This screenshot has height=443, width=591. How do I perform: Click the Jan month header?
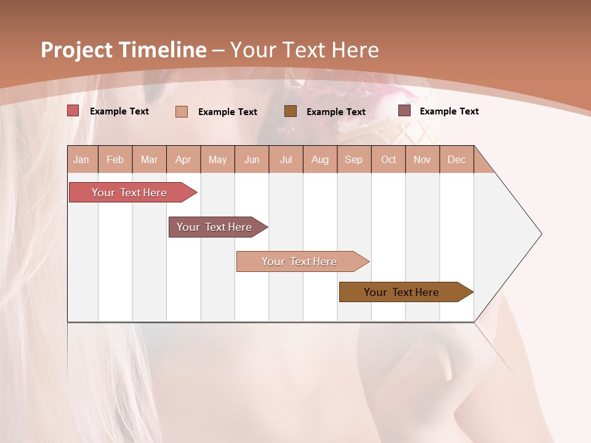click(x=82, y=159)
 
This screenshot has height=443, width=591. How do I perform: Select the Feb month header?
click(x=115, y=159)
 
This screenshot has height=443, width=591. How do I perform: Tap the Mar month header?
click(x=149, y=159)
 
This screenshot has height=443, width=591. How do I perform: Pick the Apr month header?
click(x=183, y=159)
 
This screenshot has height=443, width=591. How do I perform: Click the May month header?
click(x=217, y=159)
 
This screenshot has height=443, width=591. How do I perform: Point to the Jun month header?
click(x=252, y=159)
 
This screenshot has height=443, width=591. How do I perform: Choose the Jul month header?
click(x=286, y=159)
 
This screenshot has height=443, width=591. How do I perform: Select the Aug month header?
click(x=320, y=159)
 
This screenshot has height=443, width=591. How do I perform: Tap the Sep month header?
click(x=354, y=159)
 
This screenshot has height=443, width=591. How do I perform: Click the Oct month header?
click(x=388, y=159)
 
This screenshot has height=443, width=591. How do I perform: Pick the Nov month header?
click(x=422, y=159)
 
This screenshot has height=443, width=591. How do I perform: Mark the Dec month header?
click(x=457, y=159)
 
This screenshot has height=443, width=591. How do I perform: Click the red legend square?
click(x=73, y=111)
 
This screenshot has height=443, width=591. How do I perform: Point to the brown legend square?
click(x=291, y=111)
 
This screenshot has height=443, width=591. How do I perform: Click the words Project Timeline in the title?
click(x=124, y=50)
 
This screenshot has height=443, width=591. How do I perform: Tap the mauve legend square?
click(x=404, y=111)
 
